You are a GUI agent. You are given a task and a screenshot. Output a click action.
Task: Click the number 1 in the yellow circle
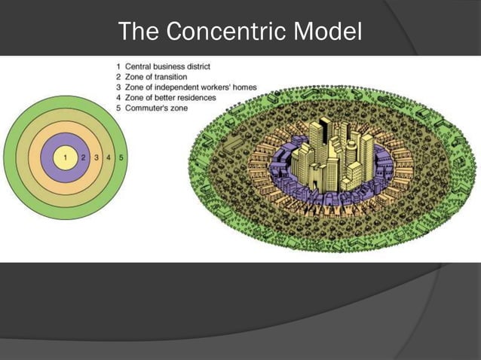(x=65, y=158)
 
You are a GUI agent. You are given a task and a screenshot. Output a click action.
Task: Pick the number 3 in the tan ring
(x=97, y=158)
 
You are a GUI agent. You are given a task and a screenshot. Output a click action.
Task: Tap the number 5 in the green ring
(x=121, y=158)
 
